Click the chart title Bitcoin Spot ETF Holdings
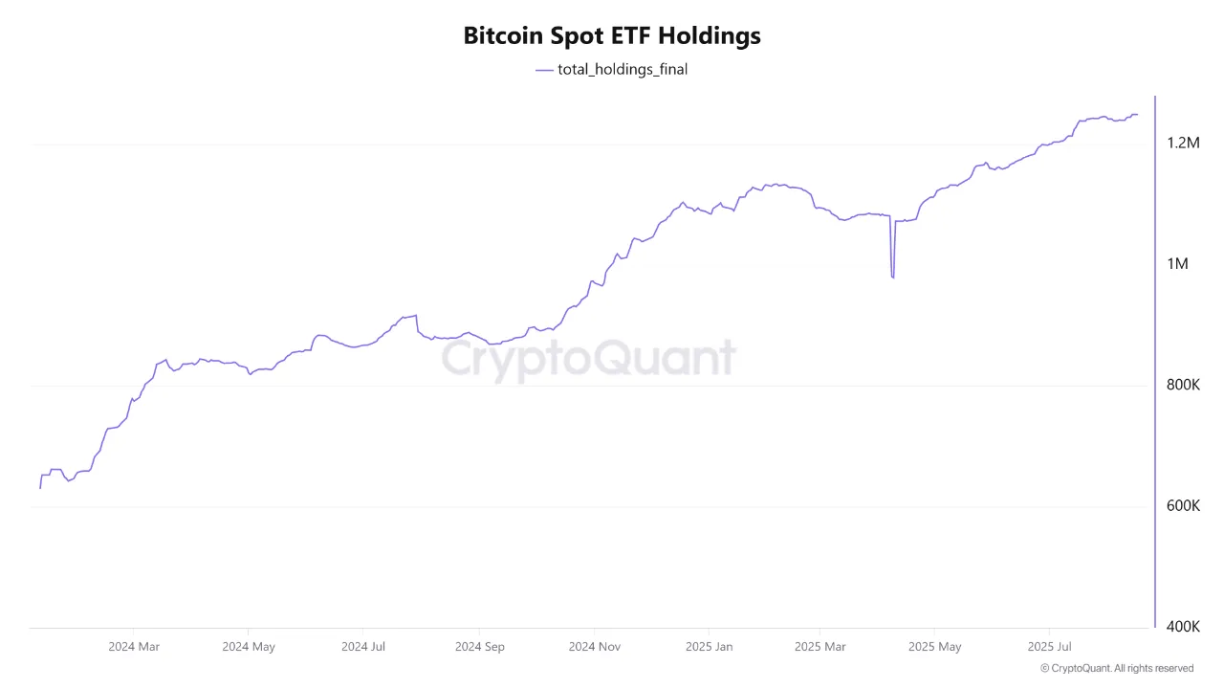point(612,35)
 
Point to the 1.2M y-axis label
point(1183,143)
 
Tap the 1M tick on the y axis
point(1177,264)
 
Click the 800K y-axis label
point(1183,385)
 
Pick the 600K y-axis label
point(1183,505)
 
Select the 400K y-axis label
point(1183,627)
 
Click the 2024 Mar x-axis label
point(134,647)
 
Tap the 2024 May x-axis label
point(249,647)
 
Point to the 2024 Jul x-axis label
point(363,647)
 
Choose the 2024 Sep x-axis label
point(479,647)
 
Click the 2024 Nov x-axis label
point(595,647)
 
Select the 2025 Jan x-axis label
point(710,647)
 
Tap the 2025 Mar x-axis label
point(820,647)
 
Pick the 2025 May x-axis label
point(935,647)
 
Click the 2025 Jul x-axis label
point(1049,647)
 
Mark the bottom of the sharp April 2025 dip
point(892,278)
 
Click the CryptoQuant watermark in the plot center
point(588,360)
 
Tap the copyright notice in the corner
point(1116,669)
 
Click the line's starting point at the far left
point(40,488)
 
